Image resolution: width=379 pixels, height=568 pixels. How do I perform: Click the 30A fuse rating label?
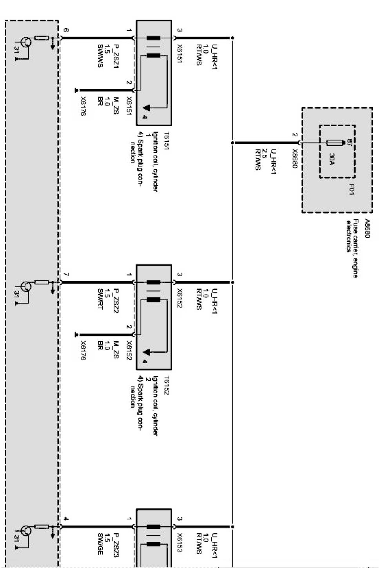(x=331, y=158)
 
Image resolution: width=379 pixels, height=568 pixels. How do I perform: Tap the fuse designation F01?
(x=352, y=189)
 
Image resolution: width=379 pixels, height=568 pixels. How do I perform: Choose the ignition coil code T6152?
(x=166, y=385)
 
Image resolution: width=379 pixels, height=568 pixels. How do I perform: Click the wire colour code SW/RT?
(x=100, y=299)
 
